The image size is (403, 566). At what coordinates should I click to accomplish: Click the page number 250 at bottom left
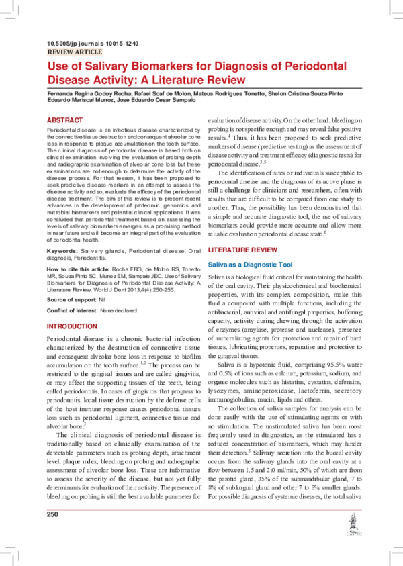(x=53, y=533)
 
